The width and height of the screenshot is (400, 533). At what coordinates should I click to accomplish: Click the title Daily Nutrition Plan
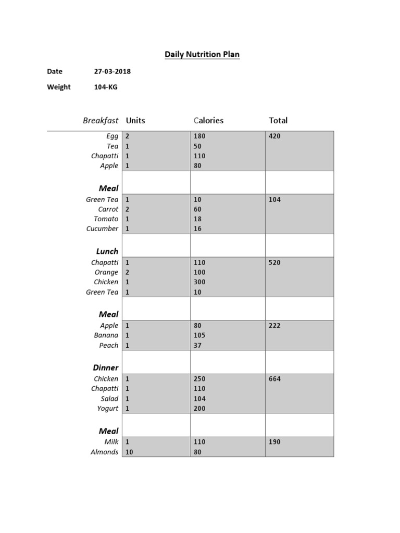(202, 54)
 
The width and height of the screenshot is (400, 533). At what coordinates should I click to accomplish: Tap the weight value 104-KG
(105, 87)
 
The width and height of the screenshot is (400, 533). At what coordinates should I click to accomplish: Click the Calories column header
(208, 120)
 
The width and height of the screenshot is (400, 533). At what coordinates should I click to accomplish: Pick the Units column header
(135, 120)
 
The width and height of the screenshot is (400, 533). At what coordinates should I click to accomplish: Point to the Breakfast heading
(101, 120)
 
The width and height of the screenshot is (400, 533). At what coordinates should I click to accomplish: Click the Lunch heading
(107, 251)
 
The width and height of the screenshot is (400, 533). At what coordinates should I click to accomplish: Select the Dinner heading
(106, 367)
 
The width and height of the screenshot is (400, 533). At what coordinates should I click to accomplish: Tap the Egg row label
(112, 136)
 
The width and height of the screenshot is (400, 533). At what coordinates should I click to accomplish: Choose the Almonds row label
(104, 452)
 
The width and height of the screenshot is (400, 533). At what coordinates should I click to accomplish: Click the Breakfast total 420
(274, 136)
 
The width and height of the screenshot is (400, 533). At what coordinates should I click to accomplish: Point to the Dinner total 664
(274, 379)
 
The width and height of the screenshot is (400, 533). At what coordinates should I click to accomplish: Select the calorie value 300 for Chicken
(199, 282)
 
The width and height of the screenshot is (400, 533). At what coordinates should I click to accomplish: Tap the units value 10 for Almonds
(129, 452)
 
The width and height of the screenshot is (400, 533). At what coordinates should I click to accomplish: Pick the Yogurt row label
(107, 409)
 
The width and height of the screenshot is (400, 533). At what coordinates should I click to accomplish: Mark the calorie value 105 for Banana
(199, 335)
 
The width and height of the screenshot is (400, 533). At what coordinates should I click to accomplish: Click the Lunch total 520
(274, 263)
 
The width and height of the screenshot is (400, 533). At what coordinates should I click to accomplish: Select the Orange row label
(106, 272)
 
